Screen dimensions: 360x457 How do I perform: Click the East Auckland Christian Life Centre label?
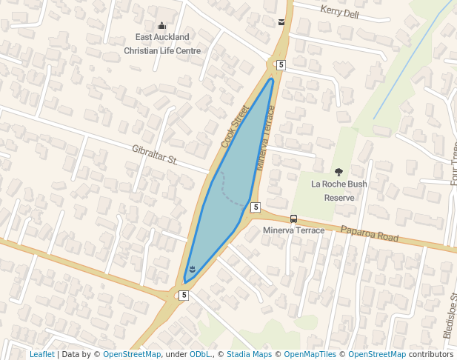[162, 44]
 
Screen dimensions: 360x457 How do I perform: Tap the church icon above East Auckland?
[162, 26]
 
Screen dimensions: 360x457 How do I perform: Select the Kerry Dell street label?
[339, 13]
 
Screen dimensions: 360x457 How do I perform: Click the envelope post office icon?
[281, 22]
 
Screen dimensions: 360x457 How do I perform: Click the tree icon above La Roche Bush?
[339, 172]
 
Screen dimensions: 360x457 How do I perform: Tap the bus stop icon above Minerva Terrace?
[294, 219]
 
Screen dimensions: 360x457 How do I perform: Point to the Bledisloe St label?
[449, 316]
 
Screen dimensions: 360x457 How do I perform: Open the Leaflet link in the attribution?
[42, 354]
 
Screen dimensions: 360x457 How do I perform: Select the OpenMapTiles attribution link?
[310, 354]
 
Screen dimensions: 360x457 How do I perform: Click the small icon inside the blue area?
[192, 269]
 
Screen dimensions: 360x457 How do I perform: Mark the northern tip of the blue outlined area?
[272, 79]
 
